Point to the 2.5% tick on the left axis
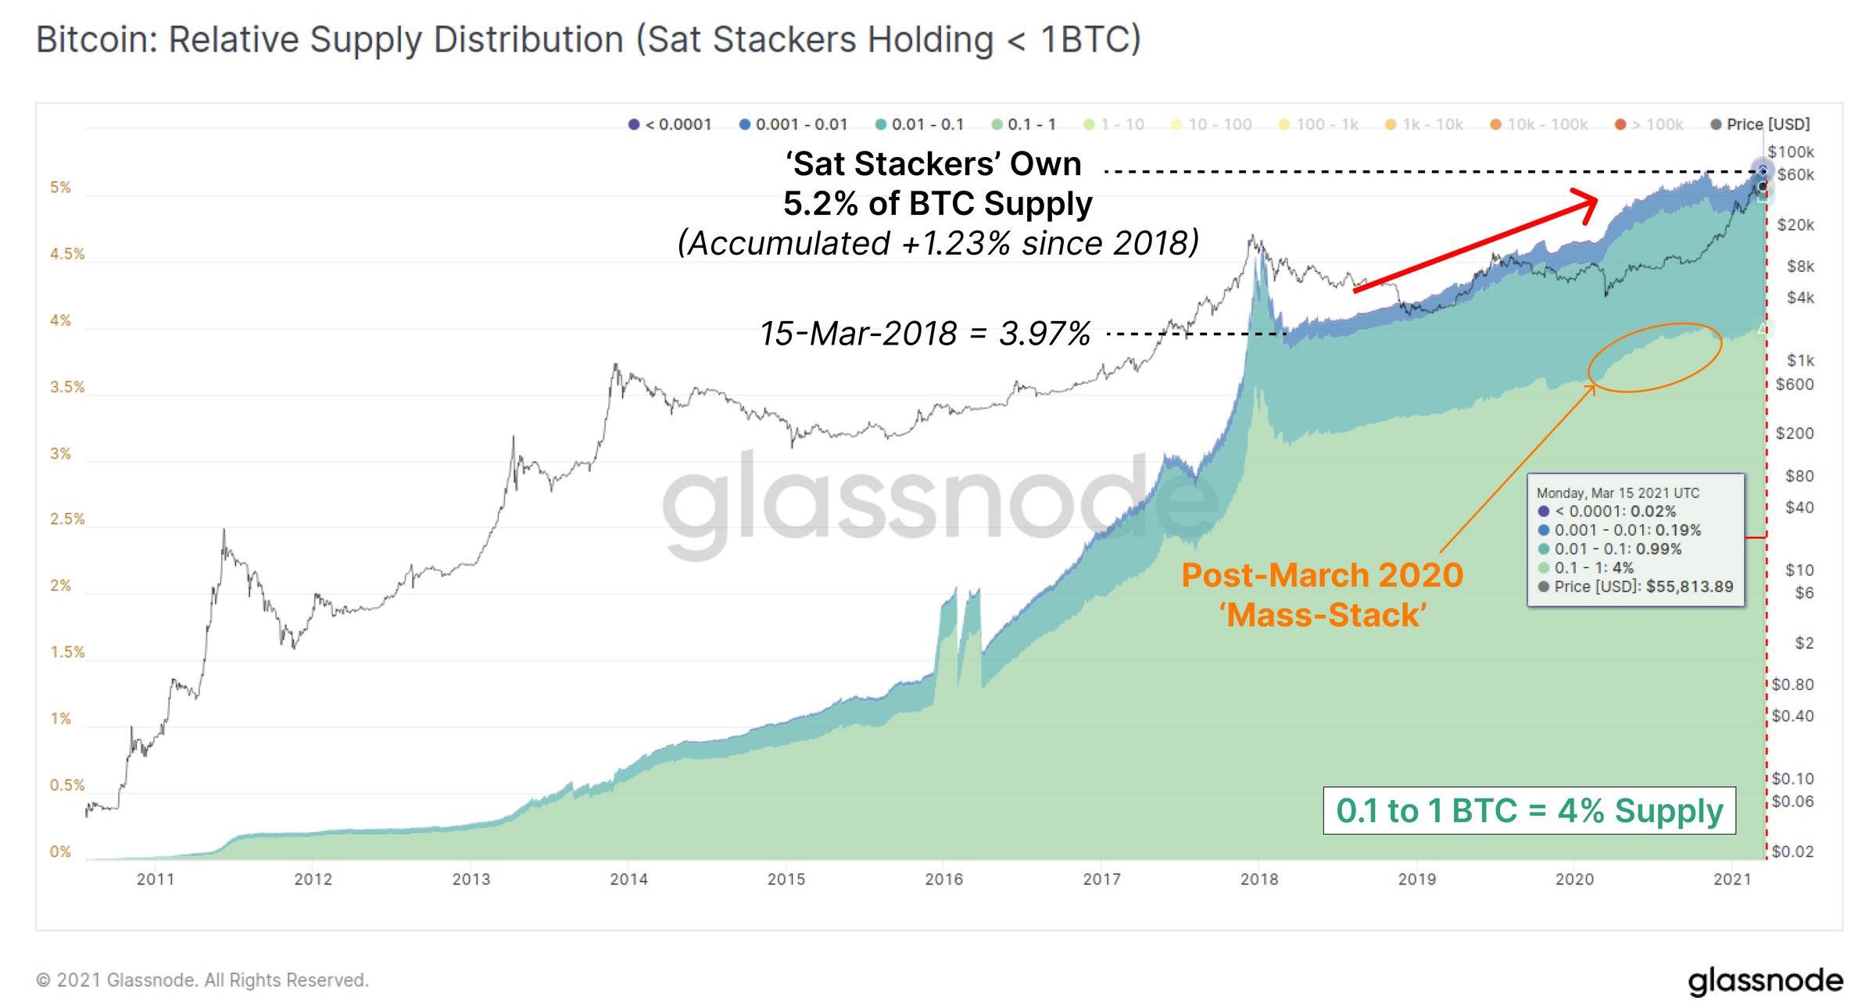click(x=67, y=520)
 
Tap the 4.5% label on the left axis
click(x=67, y=254)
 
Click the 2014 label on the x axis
click(x=628, y=879)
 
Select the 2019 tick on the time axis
click(x=1416, y=879)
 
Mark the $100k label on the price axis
click(x=1791, y=152)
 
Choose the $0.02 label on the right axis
click(x=1792, y=852)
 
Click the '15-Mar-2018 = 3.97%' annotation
click(x=925, y=334)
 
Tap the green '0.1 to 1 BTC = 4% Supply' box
click(x=1529, y=810)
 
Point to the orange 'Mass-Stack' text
click(x=1323, y=615)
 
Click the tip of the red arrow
click(x=1595, y=202)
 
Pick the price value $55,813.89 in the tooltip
click(x=1689, y=586)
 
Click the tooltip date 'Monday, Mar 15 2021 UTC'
click(x=1617, y=493)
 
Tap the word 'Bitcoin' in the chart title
click(x=96, y=40)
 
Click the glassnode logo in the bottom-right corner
click(x=1765, y=981)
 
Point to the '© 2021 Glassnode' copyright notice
click(x=202, y=980)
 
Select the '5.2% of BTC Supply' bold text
click(x=938, y=204)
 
